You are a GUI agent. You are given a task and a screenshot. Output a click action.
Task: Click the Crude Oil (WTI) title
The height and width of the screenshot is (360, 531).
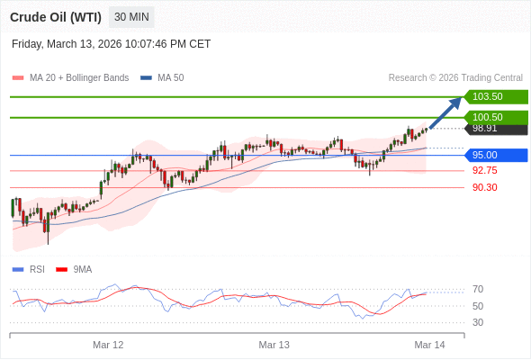pyautogui.click(x=56, y=17)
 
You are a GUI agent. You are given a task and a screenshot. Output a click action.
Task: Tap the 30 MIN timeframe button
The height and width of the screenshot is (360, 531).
pyautogui.click(x=131, y=17)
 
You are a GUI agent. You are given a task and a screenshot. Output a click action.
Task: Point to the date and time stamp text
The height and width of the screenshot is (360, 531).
pyautogui.click(x=112, y=43)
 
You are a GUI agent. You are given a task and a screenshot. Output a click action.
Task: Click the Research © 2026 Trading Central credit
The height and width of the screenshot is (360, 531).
pyautogui.click(x=455, y=78)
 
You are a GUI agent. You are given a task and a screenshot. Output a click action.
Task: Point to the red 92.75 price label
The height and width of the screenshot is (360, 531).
pyautogui.click(x=484, y=170)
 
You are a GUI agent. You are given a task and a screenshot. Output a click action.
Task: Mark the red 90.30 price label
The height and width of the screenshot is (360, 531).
pyautogui.click(x=484, y=187)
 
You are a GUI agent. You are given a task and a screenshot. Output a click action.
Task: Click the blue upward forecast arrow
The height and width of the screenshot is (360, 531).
pyautogui.click(x=445, y=112)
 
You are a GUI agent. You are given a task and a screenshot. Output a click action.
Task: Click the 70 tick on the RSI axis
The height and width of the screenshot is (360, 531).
pyautogui.click(x=478, y=289)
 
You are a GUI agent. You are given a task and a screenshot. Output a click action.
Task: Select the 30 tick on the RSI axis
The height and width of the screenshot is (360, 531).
pyautogui.click(x=478, y=322)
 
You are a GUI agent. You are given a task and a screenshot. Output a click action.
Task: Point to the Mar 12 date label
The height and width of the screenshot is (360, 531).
pyautogui.click(x=108, y=345)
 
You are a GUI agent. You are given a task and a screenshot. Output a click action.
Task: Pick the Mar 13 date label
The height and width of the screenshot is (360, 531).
pyautogui.click(x=274, y=345)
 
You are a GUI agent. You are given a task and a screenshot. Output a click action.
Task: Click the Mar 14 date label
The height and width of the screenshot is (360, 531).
pyautogui.click(x=429, y=345)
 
